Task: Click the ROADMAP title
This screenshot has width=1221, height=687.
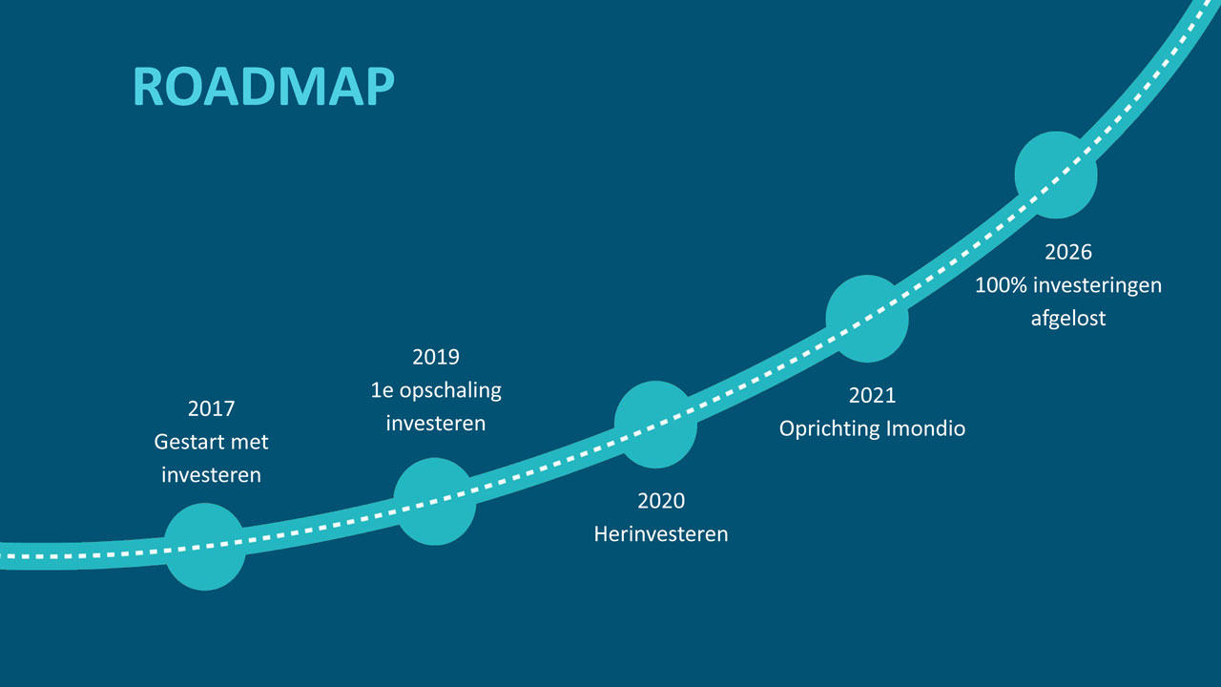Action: (263, 86)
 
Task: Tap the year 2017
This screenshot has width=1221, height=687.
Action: (211, 408)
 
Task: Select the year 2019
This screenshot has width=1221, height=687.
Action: (436, 357)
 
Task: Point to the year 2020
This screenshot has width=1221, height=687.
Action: (661, 501)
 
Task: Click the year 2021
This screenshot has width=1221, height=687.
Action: (872, 396)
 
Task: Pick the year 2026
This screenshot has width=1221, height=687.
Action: (1068, 253)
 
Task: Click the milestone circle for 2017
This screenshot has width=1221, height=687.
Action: (205, 547)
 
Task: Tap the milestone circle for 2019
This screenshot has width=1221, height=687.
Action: (434, 502)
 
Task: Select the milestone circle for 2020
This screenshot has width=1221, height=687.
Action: (655, 425)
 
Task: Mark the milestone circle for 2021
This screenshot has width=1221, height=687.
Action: (867, 319)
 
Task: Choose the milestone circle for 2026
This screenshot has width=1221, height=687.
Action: (1056, 175)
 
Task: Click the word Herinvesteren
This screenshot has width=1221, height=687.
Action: (661, 534)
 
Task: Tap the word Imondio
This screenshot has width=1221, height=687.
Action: (925, 428)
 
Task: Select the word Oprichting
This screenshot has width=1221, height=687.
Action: (830, 429)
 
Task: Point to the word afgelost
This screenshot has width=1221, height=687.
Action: (1068, 319)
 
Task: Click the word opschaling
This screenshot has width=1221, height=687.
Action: (450, 391)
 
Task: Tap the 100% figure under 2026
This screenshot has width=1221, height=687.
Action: (1001, 285)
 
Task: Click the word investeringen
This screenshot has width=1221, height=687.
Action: (1097, 286)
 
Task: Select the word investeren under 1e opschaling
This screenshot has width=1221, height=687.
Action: (436, 424)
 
